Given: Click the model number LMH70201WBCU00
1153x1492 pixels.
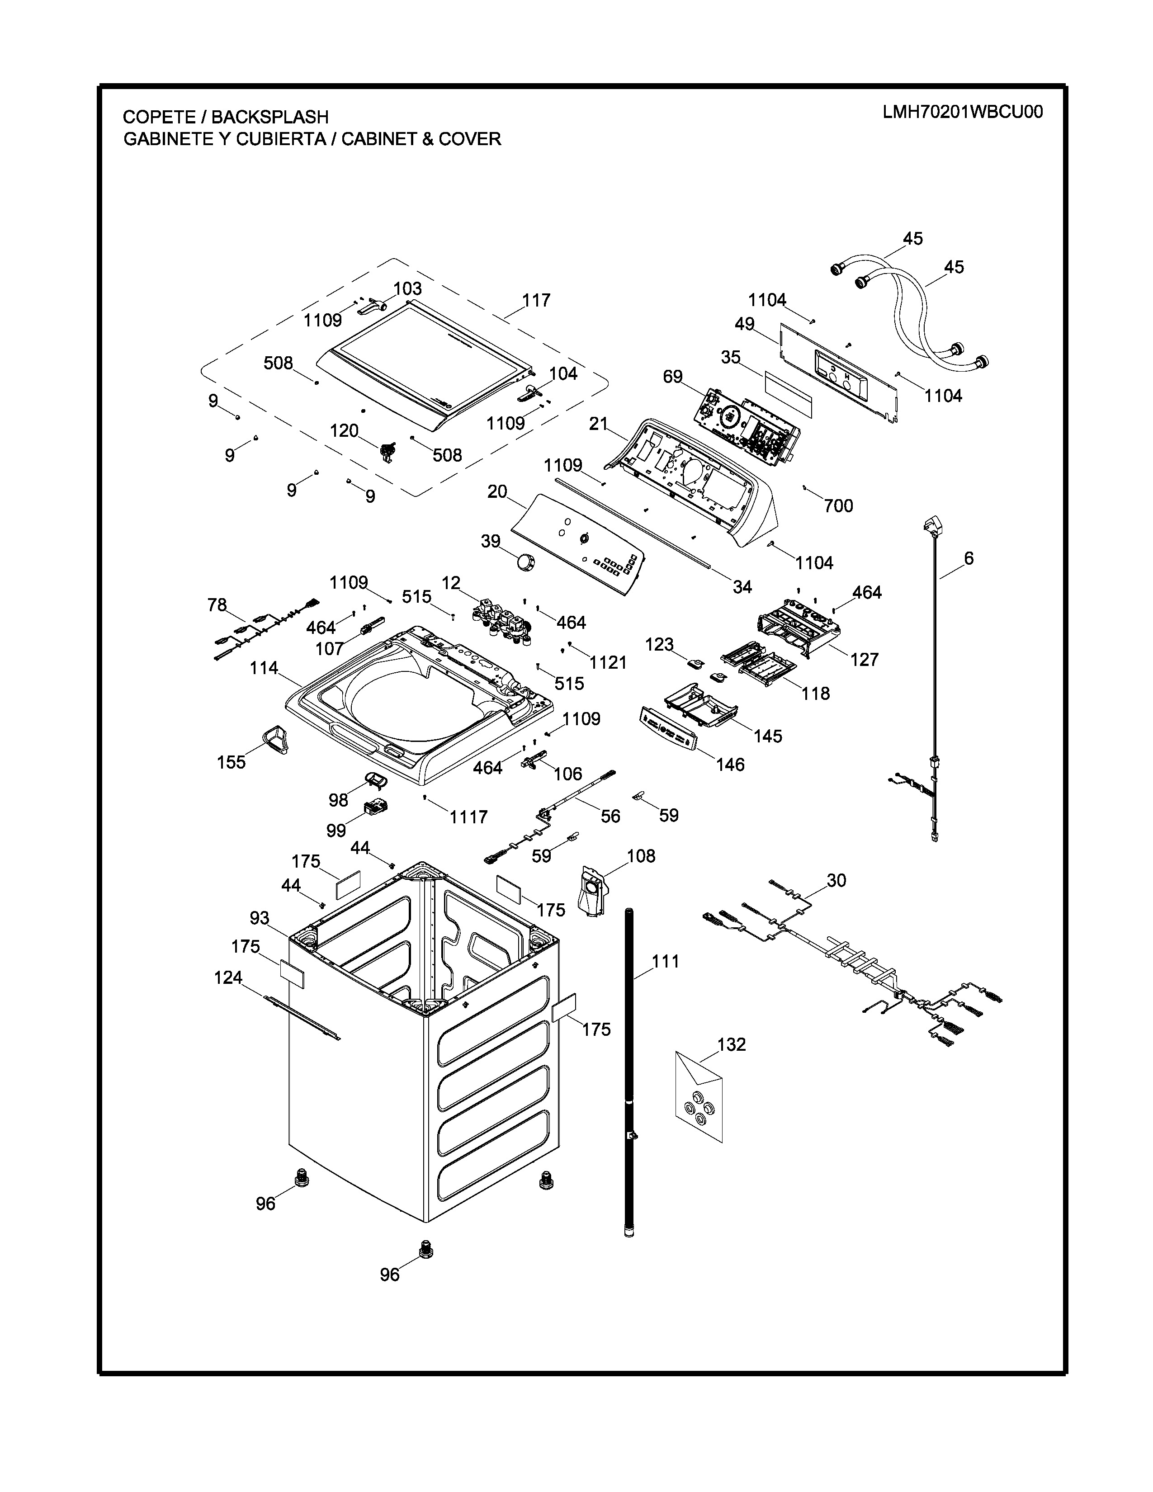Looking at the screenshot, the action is click(963, 112).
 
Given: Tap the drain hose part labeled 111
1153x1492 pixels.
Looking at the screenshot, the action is click(629, 1072).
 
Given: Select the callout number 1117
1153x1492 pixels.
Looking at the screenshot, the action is click(468, 817).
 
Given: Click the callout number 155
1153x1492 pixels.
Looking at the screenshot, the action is click(231, 762).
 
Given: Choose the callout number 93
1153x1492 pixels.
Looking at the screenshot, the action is click(260, 918).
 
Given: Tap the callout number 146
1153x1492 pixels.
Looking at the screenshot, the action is click(730, 765).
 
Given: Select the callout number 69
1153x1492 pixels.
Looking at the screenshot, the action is click(673, 377).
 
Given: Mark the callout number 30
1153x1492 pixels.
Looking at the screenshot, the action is click(836, 881).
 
